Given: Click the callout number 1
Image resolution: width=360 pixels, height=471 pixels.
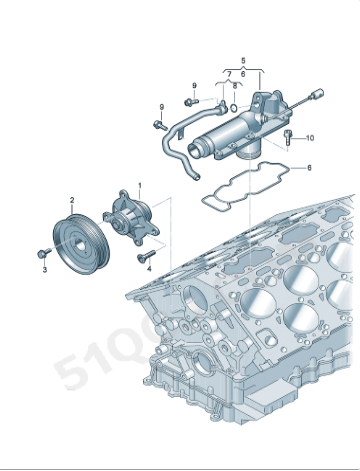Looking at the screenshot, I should pyautogui.click(x=140, y=185).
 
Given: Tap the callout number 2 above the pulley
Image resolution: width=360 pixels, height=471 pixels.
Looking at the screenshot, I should pyautogui.click(x=72, y=200).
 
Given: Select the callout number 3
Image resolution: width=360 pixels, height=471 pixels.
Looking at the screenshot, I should pyautogui.click(x=44, y=268).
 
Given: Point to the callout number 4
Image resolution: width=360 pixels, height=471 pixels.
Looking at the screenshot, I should pyautogui.click(x=149, y=268).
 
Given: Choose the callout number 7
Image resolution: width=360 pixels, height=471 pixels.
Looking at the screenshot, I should pyautogui.click(x=228, y=75).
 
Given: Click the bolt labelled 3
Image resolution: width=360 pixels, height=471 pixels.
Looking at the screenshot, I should pyautogui.click(x=43, y=252).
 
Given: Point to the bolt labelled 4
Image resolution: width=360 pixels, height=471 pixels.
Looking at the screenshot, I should pyautogui.click(x=139, y=258).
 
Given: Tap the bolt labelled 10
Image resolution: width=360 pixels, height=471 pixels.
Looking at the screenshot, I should pyautogui.click(x=289, y=134).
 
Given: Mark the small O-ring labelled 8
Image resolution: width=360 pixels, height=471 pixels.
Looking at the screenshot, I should pyautogui.click(x=233, y=105).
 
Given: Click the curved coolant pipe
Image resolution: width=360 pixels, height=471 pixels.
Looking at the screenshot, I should pyautogui.click(x=173, y=140).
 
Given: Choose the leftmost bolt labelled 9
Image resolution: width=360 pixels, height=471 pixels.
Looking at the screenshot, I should pyautogui.click(x=159, y=125).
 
